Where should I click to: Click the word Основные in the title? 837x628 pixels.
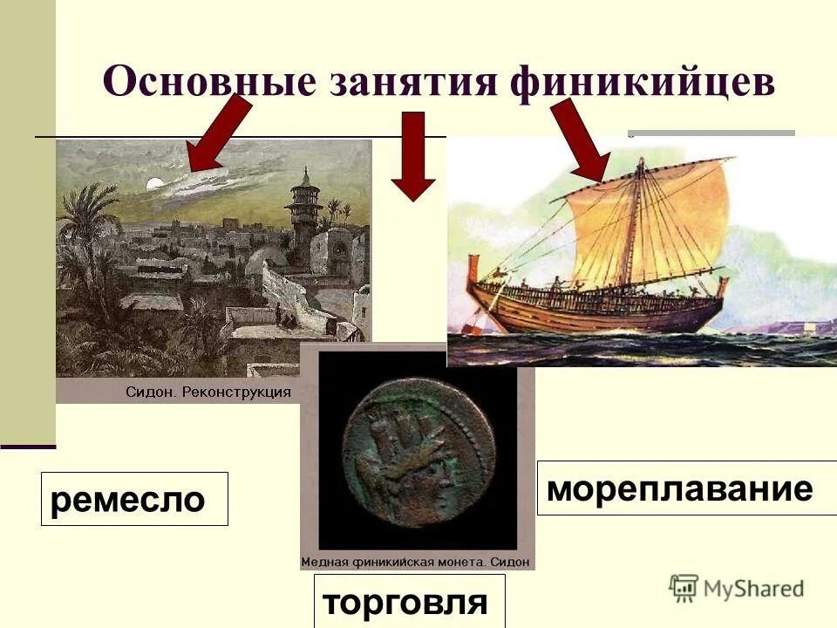click(x=210, y=83)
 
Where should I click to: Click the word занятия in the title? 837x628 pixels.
click(x=413, y=83)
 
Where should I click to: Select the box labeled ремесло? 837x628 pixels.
click(x=134, y=499)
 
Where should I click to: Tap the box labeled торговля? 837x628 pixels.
click(x=409, y=601)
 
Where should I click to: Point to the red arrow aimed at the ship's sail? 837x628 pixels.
click(x=580, y=140)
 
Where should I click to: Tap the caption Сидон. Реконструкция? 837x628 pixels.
click(x=208, y=392)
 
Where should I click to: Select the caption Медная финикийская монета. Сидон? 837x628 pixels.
click(x=416, y=562)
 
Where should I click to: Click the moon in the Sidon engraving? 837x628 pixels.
click(x=155, y=184)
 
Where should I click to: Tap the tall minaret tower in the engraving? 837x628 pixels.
click(x=303, y=218)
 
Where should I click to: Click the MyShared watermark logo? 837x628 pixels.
click(x=737, y=588)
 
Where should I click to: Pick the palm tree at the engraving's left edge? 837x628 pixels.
click(x=83, y=227)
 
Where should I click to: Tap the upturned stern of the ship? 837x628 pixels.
click(x=475, y=270)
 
